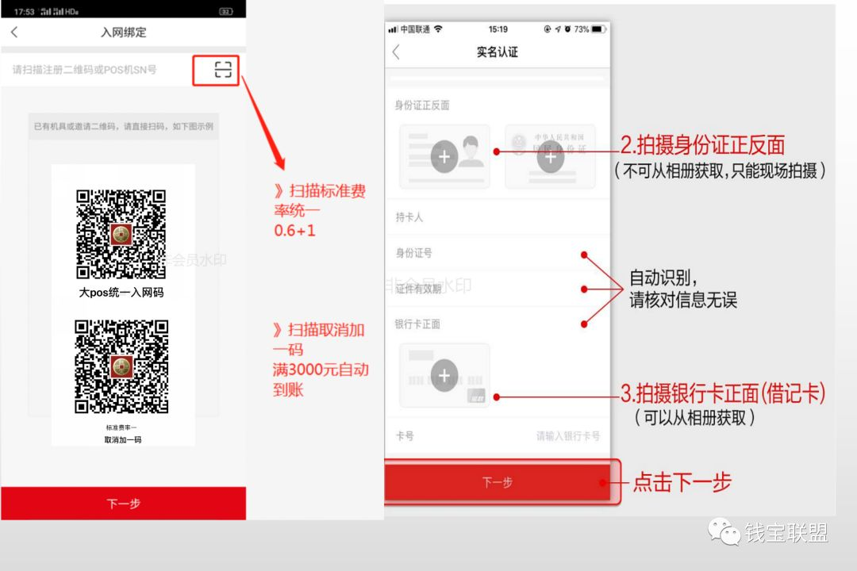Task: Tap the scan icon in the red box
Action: pos(223,70)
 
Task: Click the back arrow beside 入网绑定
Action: pos(14,33)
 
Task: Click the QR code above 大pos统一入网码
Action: pos(121,234)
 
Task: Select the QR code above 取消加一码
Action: pos(121,366)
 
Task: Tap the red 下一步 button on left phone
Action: pos(123,504)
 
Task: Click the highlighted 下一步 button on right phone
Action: pos(498,482)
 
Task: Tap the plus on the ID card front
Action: pos(444,157)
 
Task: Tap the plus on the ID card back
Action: pos(550,157)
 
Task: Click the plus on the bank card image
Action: pos(444,375)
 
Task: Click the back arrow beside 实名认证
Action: pos(396,52)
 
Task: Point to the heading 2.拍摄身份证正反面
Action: pos(701,145)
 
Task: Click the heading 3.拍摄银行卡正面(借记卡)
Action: pos(722,393)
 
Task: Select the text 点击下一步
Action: pos(682,481)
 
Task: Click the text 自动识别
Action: pos(663,278)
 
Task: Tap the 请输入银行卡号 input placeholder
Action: pos(568,436)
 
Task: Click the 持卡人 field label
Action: pos(409,217)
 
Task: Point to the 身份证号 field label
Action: pos(413,253)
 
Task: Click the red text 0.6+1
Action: pos(294,231)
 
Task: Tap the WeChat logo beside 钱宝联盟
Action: pos(724,532)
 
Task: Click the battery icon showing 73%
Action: pos(598,29)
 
